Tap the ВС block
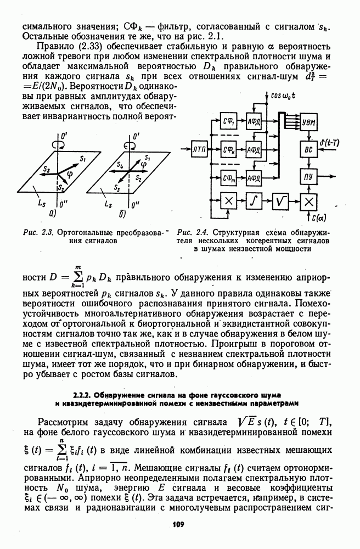click(x=308, y=149)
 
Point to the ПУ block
click(x=308, y=177)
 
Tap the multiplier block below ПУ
click(x=308, y=202)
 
